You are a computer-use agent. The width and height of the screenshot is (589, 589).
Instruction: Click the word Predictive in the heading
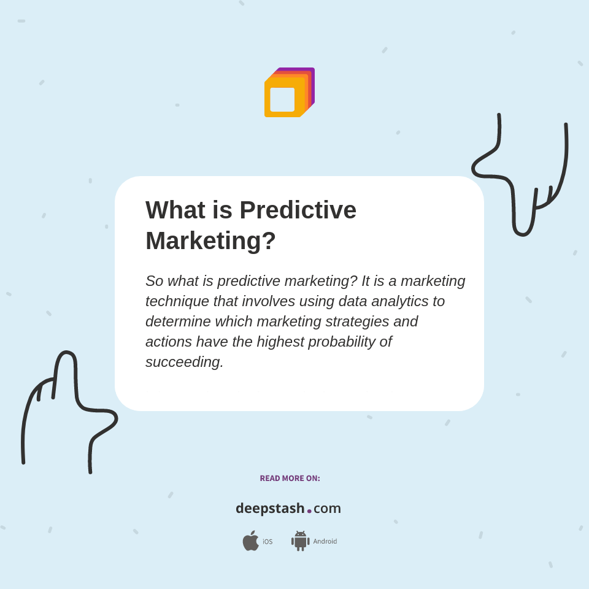pyautogui.click(x=298, y=210)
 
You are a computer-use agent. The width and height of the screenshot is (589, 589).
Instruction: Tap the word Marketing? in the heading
pyautogui.click(x=210, y=241)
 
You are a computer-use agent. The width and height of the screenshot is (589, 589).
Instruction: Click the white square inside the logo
pyautogui.click(x=282, y=99)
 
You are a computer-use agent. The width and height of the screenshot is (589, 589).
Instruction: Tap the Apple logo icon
pyautogui.click(x=250, y=541)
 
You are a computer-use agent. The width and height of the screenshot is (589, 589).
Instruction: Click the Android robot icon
pyautogui.click(x=301, y=541)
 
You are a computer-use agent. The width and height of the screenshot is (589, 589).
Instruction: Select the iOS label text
pyautogui.click(x=268, y=542)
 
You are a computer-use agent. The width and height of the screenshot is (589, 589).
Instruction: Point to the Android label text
pyautogui.click(x=325, y=541)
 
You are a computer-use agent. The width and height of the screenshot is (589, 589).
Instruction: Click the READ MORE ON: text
pyautogui.click(x=290, y=479)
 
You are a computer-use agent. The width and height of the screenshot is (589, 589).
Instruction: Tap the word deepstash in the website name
pyautogui.click(x=270, y=509)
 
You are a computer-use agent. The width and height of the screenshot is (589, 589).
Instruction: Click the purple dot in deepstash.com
pyautogui.click(x=309, y=510)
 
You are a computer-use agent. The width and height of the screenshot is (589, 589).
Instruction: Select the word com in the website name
pyautogui.click(x=327, y=509)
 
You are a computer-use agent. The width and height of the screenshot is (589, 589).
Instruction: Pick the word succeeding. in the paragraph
pyautogui.click(x=184, y=362)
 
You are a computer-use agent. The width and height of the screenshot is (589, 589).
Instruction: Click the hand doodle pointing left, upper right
pyautogui.click(x=522, y=178)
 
